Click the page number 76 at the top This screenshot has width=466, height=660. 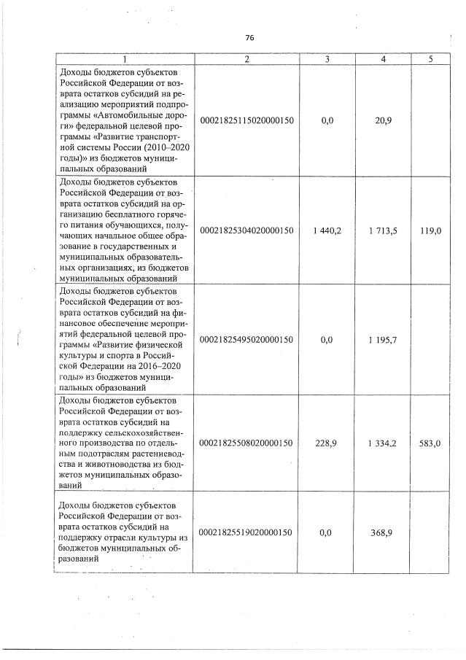point(249,38)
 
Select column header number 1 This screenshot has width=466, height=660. point(125,59)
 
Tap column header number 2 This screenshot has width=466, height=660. point(246,59)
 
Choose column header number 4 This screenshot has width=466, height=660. point(383,59)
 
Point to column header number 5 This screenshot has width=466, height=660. point(431,59)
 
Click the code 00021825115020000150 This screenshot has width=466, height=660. point(246,120)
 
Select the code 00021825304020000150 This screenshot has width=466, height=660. point(246,230)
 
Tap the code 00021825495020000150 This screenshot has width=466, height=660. point(246,339)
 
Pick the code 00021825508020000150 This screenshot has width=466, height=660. point(246,442)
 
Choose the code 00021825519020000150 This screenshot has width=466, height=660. point(246,533)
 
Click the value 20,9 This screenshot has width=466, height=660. point(383,120)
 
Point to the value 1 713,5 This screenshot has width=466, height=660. point(383,230)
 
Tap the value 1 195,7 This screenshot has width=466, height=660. point(383,339)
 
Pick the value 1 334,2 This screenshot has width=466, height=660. point(383,442)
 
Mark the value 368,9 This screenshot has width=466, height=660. point(383,533)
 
